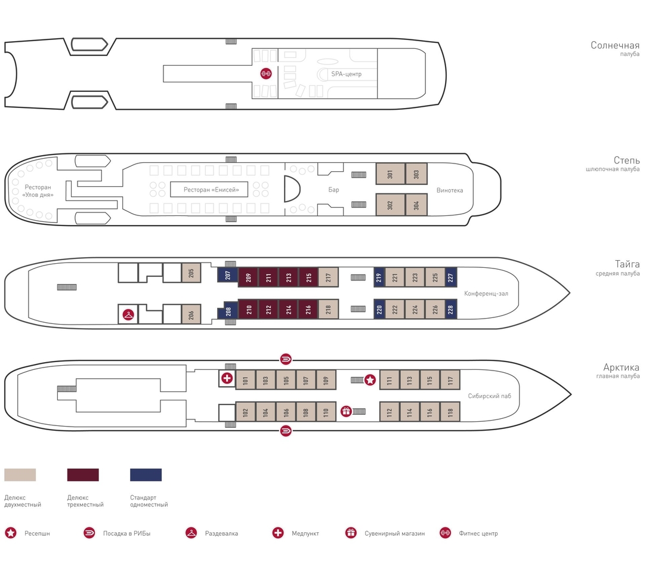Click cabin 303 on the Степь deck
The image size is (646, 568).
pyautogui.click(x=416, y=174)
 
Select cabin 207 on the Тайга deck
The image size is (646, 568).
pyautogui.click(x=228, y=275)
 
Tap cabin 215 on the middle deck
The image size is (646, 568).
pyautogui.click(x=308, y=277)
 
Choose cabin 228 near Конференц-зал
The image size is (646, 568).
pyautogui.click(x=451, y=309)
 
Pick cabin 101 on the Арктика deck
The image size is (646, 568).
pyautogui.click(x=246, y=379)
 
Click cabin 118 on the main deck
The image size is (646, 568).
pyautogui.click(x=450, y=411)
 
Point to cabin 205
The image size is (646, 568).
pyautogui.click(x=191, y=273)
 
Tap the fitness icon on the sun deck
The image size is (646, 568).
pyautogui.click(x=265, y=73)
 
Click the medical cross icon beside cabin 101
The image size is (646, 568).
pyautogui.click(x=227, y=378)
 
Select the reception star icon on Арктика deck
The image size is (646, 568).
pyautogui.click(x=370, y=379)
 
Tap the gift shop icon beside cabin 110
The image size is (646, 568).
pyautogui.click(x=346, y=411)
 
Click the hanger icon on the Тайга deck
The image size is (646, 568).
pyautogui.click(x=128, y=316)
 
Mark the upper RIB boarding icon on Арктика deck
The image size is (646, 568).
pyautogui.click(x=286, y=359)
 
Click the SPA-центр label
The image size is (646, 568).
pyautogui.click(x=347, y=74)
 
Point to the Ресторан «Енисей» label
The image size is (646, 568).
pyautogui.click(x=211, y=190)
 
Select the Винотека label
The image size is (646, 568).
pyautogui.click(x=450, y=190)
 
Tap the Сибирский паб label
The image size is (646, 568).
pyautogui.click(x=490, y=396)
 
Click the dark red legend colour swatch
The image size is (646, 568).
pyautogui.click(x=83, y=474)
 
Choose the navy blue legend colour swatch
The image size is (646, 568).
pyautogui.click(x=146, y=474)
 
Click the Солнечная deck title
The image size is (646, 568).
pyautogui.click(x=615, y=45)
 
